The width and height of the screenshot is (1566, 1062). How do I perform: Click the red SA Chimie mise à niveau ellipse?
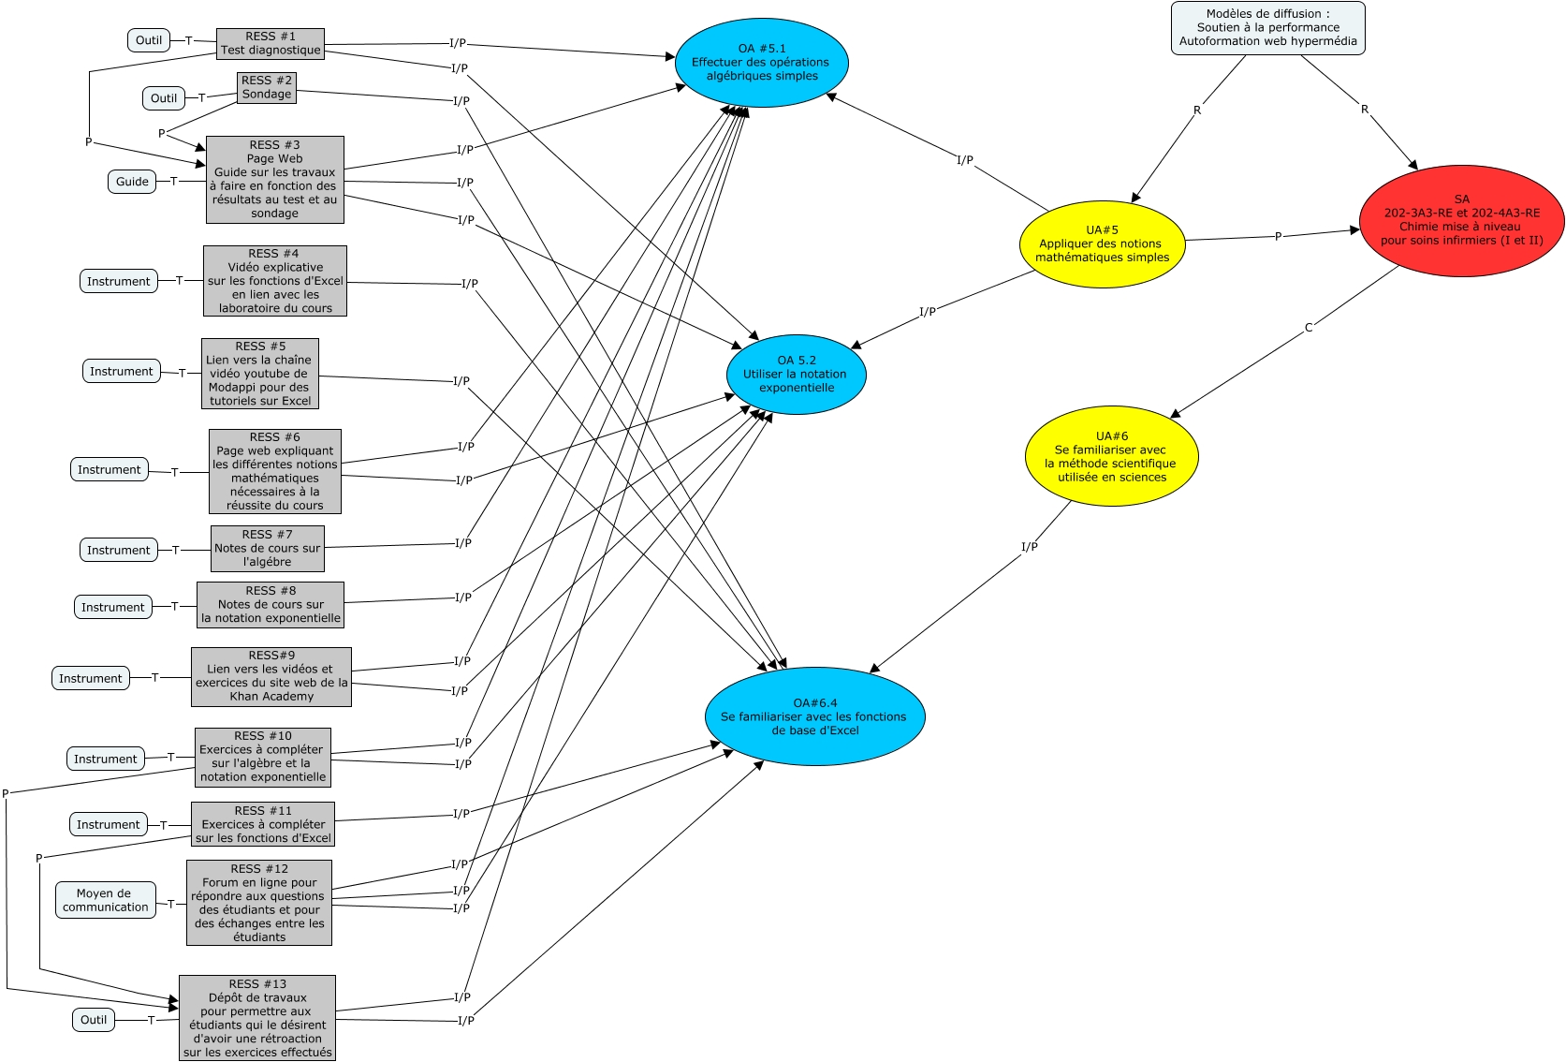coord(1461,221)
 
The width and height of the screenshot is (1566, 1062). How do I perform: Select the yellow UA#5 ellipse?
coord(1102,243)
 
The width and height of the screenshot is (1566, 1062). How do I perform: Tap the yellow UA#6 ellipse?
coord(1111,456)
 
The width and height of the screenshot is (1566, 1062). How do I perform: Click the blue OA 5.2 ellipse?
coord(796,374)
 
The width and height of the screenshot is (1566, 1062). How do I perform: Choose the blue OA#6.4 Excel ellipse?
coord(814,716)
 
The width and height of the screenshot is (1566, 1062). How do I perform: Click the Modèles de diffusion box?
coord(1267,27)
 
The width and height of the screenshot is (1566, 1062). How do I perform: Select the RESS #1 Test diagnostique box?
coord(271,43)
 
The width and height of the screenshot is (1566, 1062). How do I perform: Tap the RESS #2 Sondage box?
coord(267,87)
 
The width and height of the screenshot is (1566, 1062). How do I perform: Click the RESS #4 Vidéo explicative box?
coord(275,281)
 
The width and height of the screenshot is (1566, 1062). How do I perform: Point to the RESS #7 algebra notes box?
coord(267,549)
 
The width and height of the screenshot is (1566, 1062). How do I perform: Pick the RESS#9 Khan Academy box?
coord(271,676)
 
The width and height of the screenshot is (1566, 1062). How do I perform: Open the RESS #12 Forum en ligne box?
coord(259,903)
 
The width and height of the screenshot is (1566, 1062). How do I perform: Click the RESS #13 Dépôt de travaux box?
coord(257,1018)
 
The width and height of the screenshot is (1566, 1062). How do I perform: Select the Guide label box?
coord(132,182)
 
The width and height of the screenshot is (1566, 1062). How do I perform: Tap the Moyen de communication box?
coord(105,900)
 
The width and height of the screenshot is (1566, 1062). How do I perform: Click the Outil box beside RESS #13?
coord(94,1020)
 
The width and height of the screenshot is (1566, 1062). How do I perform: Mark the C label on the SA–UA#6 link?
coord(1309,328)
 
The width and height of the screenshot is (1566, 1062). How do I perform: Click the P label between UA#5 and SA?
coord(1278,236)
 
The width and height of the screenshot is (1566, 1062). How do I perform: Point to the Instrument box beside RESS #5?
coord(121,372)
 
